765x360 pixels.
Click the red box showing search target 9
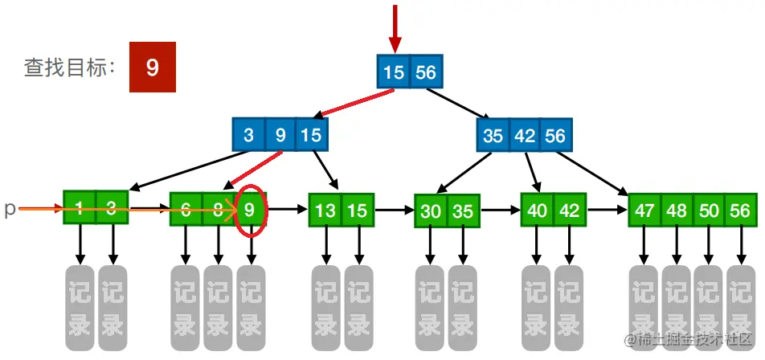coord(153,68)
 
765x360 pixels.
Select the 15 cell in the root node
coord(394,72)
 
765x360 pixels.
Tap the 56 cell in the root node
coord(425,72)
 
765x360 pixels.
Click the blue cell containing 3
coord(249,135)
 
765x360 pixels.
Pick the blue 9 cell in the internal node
coord(280,135)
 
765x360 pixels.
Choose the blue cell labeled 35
coord(493,135)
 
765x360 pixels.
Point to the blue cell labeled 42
coord(524,135)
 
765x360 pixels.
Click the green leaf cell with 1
coord(80,210)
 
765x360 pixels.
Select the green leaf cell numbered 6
coord(186,210)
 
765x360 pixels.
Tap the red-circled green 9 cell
coord(251,210)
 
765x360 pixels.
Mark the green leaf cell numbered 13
coord(325,211)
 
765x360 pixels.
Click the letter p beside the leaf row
coord(10,210)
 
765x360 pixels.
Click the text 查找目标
coord(70,68)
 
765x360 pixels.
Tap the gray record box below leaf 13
coord(326,305)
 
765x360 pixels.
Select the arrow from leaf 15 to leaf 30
coord(394,211)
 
